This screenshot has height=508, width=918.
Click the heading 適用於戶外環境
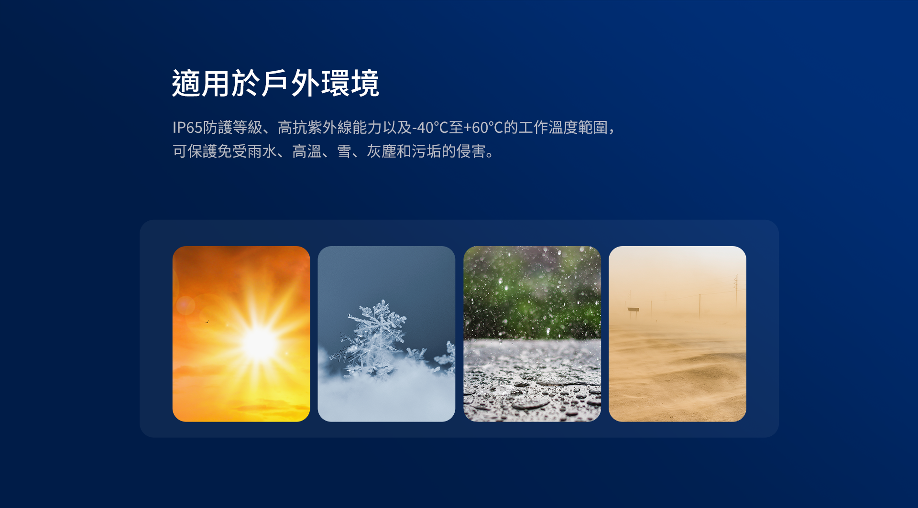pos(275,83)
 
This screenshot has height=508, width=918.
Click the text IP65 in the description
pos(187,128)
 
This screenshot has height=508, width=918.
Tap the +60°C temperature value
pos(484,128)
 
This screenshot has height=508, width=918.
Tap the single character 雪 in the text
pos(344,151)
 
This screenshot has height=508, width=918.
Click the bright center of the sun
pos(260,343)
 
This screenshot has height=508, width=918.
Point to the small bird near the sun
pos(207,322)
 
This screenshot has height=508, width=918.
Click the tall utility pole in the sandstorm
pos(736,292)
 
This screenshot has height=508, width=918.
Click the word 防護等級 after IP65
pos(233,128)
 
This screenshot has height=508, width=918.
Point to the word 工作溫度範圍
pos(563,128)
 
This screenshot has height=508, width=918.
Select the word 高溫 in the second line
pos(307,151)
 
